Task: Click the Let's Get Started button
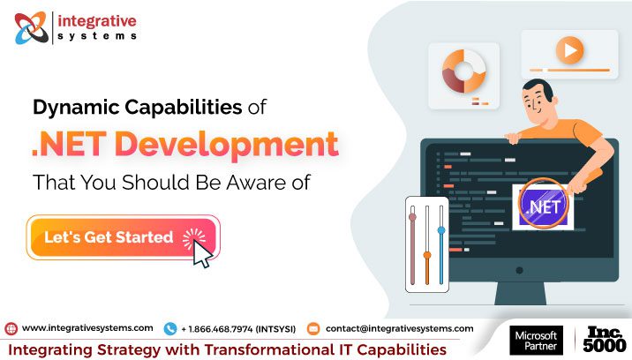122,237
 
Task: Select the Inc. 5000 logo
606,341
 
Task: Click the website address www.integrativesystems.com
87,328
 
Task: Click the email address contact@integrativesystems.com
399,328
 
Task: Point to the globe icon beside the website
11,328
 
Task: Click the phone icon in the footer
170,328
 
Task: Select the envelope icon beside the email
312,328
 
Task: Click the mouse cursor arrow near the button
202,255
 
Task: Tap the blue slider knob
440,231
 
